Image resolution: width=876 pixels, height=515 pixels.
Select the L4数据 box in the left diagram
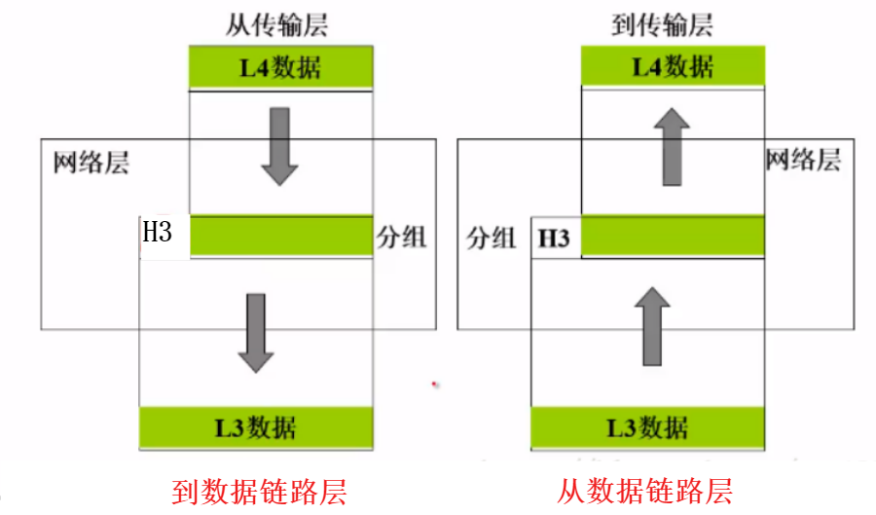coord(280,68)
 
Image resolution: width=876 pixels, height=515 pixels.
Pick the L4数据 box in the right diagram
coord(673,67)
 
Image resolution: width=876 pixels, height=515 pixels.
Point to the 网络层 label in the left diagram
coord(91,162)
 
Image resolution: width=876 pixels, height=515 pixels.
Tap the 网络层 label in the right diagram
coord(802,160)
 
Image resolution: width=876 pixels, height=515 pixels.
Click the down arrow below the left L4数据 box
coord(280,146)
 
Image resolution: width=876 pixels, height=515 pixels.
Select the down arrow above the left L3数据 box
coord(256,331)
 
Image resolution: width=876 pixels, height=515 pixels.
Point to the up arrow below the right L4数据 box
coord(672,146)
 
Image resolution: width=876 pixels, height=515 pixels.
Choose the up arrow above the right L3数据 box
coord(650,325)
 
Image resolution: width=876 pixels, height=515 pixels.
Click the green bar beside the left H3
coord(281,235)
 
